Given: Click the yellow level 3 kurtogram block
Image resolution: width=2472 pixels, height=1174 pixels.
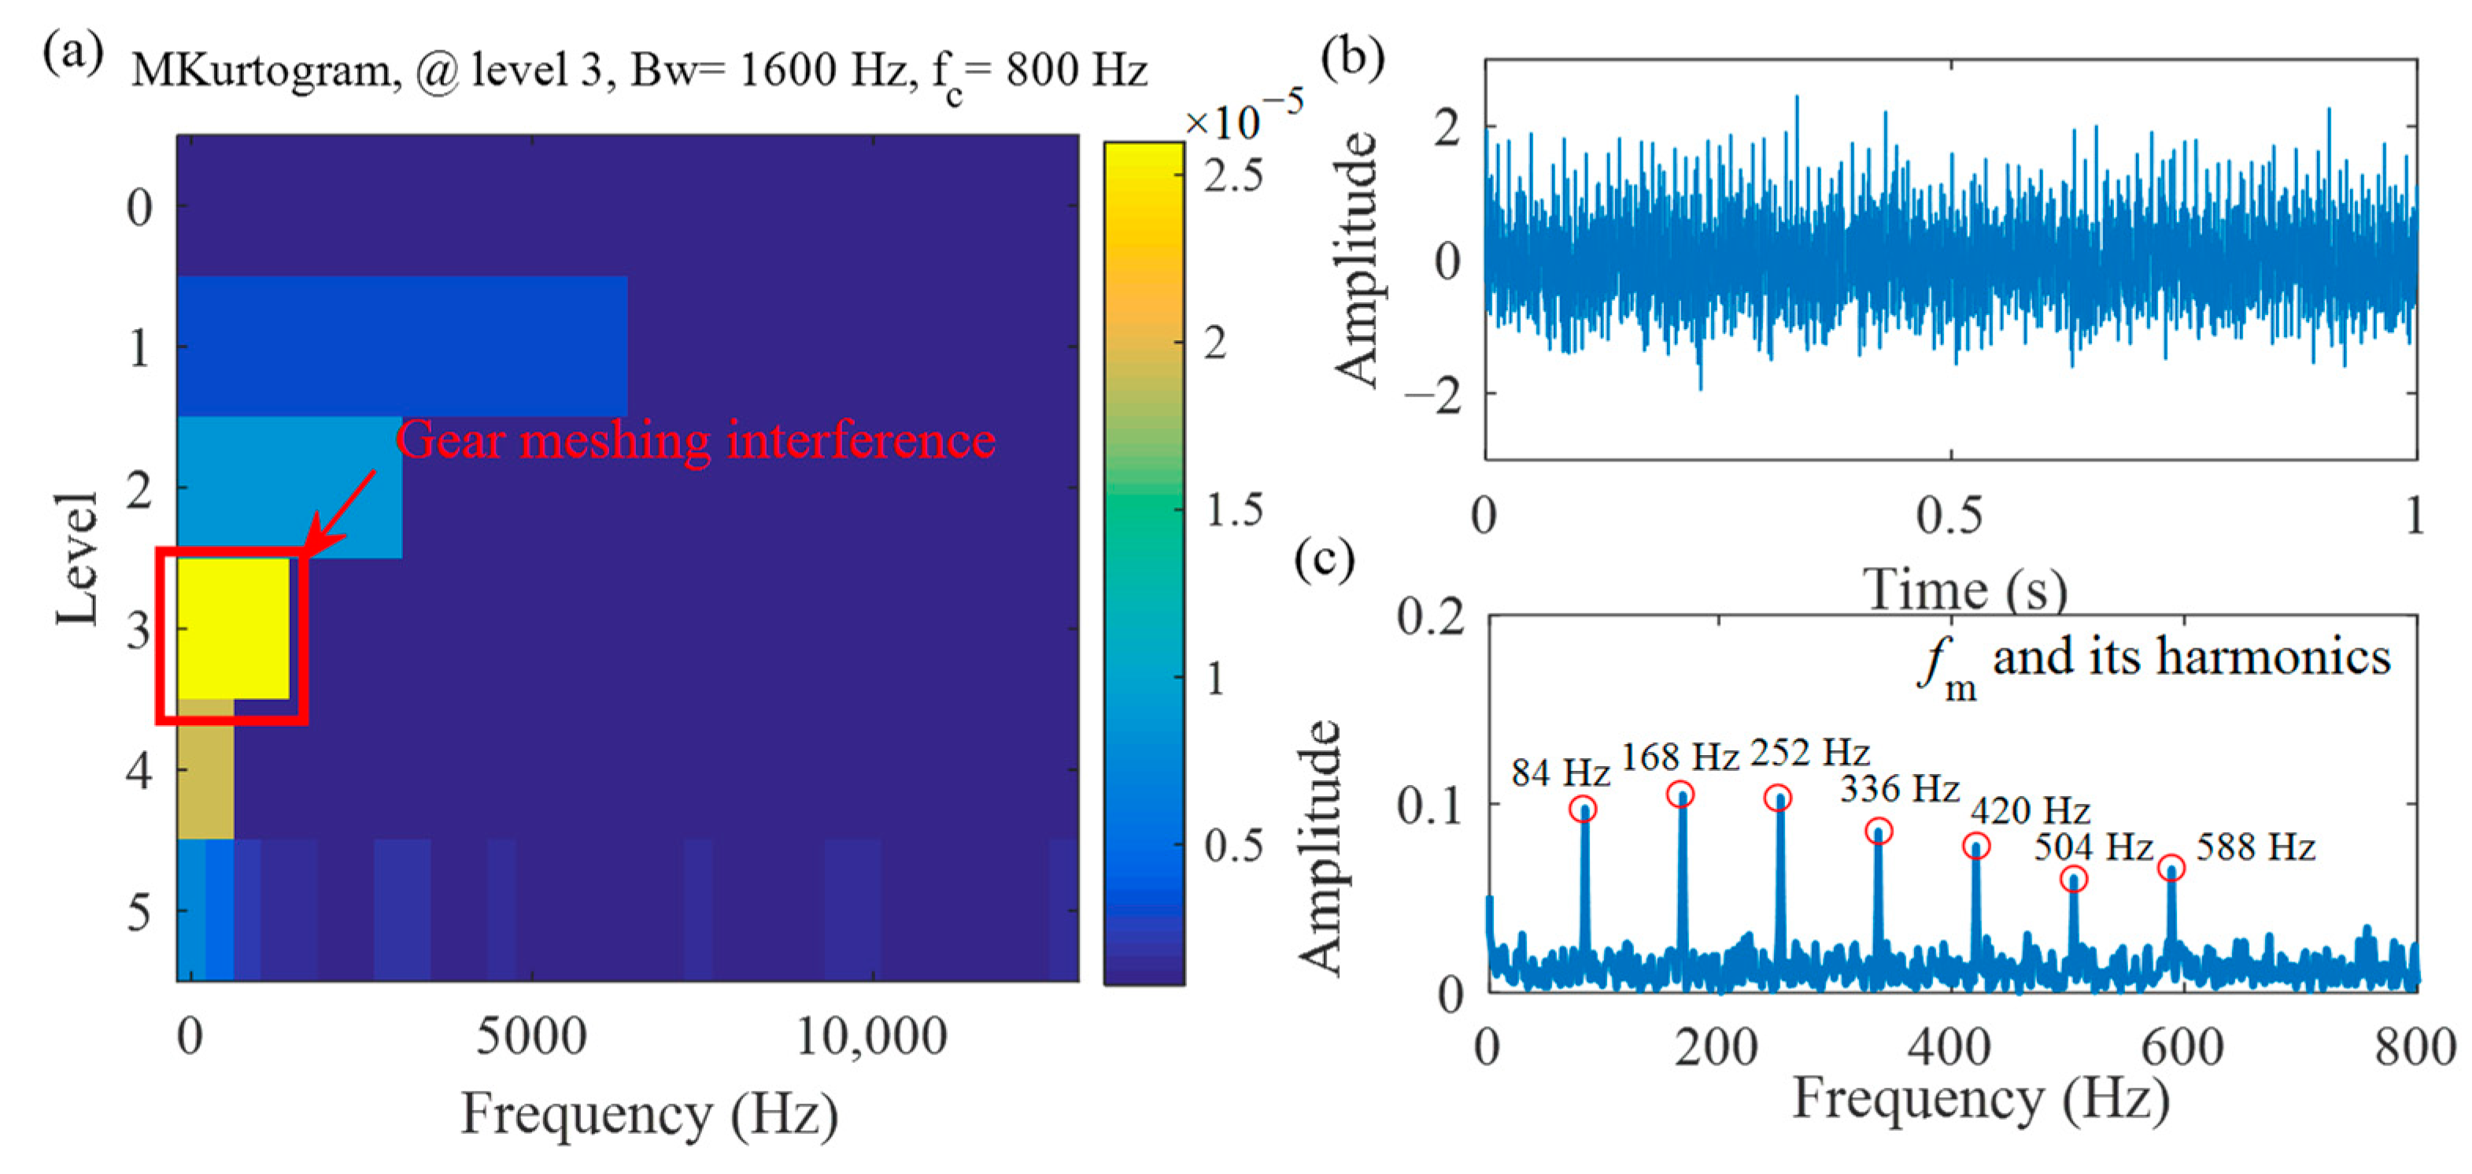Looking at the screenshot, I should click(232, 629).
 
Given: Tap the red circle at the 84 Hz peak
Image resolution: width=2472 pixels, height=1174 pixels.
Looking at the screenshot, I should click(1583, 809).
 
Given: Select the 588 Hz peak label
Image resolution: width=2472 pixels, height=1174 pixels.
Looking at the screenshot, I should click(2255, 847).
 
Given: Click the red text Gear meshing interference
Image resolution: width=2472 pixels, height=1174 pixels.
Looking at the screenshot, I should click(696, 441).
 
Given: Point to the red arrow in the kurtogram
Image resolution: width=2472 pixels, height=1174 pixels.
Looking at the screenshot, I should click(341, 512).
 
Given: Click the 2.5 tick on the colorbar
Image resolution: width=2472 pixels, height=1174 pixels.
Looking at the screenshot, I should click(1234, 176).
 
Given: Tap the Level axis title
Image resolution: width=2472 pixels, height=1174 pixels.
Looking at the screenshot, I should click(77, 559).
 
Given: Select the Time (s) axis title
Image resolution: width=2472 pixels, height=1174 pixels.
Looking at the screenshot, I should click(1964, 588).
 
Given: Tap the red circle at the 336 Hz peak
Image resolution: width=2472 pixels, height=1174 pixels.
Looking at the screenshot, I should click(1879, 831).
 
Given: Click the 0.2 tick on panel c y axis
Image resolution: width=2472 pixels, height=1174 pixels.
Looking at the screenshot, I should click(1431, 617).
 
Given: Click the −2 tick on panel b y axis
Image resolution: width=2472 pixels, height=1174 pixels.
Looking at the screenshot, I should click(1432, 394).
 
